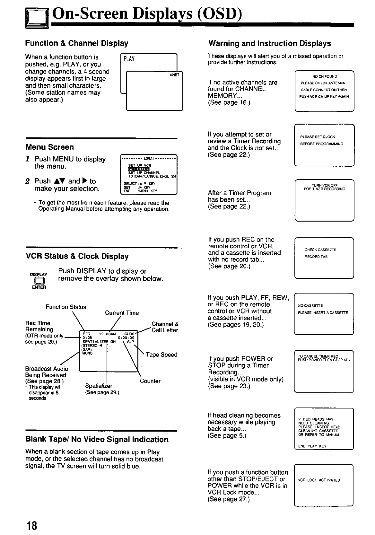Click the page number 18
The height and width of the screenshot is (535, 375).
32,526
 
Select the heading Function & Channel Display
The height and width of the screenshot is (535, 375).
77,43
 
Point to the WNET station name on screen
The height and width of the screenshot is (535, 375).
175,75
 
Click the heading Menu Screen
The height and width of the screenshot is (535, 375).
49,147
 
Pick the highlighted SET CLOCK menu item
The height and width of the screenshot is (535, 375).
139,169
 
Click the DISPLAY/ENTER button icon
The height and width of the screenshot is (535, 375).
39,281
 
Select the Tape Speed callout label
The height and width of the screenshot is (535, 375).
161,355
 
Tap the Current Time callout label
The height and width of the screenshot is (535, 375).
122,313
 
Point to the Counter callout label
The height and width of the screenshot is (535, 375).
150,381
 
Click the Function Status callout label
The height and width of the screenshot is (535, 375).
66,307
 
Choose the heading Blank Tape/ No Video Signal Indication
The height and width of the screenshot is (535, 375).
97,439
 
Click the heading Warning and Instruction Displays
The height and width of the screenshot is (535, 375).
270,43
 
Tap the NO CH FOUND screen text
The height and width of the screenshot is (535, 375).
324,76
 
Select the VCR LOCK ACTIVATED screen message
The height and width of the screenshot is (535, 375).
319,480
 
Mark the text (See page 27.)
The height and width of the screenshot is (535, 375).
228,499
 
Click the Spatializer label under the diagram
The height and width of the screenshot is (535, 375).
99,386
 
